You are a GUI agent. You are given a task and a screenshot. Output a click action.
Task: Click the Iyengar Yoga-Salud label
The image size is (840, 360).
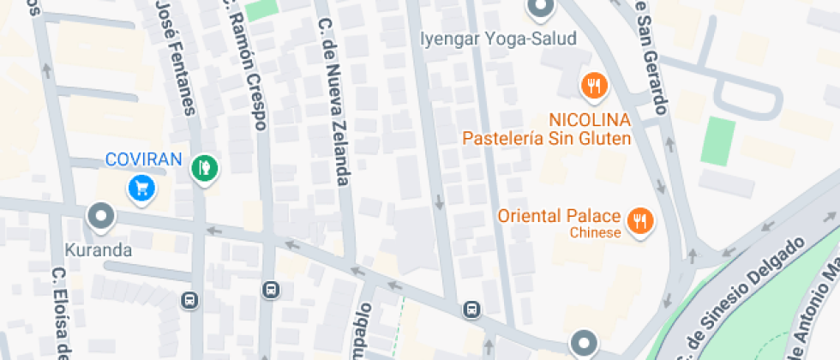point(498,39)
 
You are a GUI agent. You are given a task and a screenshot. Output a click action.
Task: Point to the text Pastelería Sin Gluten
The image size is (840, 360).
point(547,138)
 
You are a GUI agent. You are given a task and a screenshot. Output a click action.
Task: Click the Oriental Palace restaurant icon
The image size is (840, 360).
point(639,221)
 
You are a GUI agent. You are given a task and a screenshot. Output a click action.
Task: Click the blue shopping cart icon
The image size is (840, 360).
point(141,187)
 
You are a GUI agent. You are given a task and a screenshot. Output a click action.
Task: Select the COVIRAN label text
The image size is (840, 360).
point(144,159)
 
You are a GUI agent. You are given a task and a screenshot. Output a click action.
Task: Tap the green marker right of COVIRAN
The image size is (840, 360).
point(204,166)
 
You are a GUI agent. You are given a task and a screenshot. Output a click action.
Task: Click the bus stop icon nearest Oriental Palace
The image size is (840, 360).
point(471,309)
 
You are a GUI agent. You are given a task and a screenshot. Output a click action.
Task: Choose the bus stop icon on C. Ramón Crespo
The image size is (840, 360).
point(272,290)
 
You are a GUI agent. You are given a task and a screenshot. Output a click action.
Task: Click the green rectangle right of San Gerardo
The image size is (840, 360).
point(718,141)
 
